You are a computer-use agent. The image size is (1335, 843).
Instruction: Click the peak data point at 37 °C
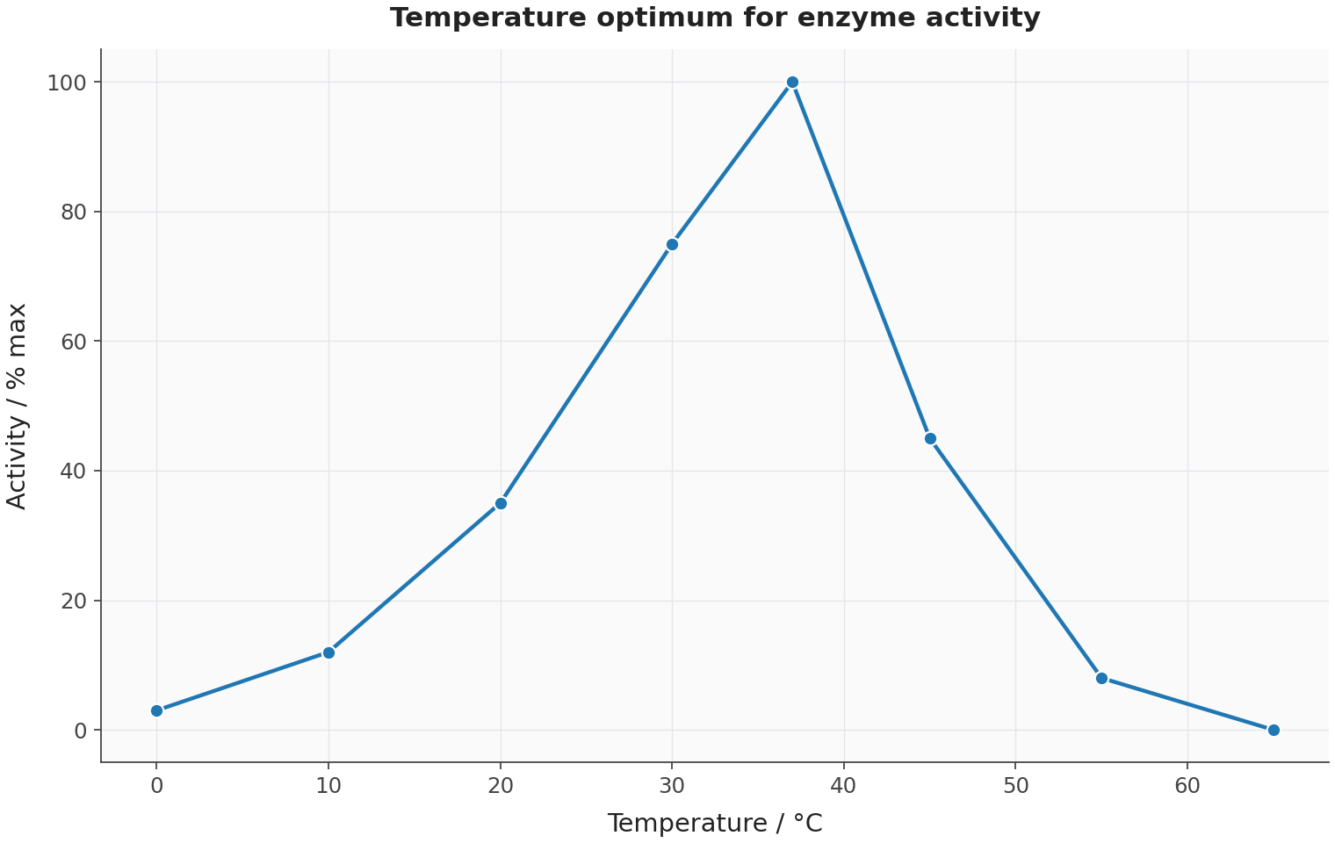792,83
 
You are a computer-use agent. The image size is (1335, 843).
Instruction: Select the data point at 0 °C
156,710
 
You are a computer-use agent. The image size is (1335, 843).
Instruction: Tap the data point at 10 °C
328,653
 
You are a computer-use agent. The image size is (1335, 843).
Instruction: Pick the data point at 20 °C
501,504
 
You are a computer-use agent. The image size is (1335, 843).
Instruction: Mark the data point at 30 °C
672,245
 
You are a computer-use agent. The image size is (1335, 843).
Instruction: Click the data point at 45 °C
930,439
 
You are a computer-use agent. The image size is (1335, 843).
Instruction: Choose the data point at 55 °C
1101,679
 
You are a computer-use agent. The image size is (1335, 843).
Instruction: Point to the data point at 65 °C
1274,731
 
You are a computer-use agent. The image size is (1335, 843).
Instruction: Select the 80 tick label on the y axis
74,213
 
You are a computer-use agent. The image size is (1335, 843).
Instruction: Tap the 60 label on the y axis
74,342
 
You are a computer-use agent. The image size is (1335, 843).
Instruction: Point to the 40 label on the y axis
74,472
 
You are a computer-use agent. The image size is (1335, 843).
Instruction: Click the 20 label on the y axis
74,602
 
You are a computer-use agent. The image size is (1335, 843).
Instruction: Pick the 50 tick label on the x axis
1016,787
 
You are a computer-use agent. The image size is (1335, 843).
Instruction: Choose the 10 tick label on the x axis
328,787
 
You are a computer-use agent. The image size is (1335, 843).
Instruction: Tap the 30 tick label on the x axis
672,787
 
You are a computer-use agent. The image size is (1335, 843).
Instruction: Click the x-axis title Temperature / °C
715,824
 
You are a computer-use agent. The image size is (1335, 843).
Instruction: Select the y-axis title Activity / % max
16,407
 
